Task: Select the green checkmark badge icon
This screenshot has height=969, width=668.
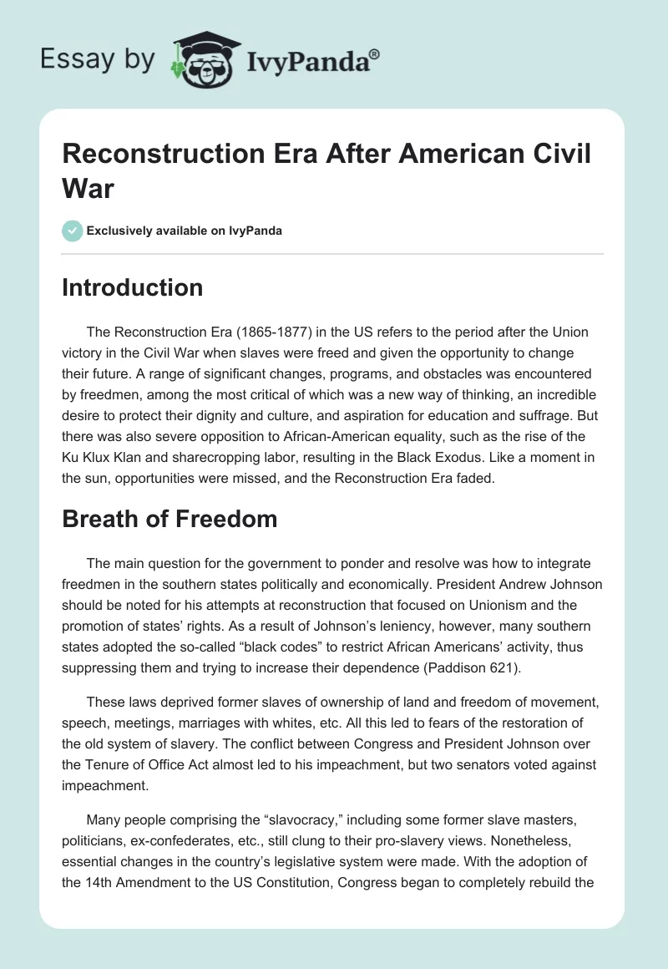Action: click(x=73, y=231)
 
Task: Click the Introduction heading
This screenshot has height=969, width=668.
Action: click(x=132, y=287)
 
